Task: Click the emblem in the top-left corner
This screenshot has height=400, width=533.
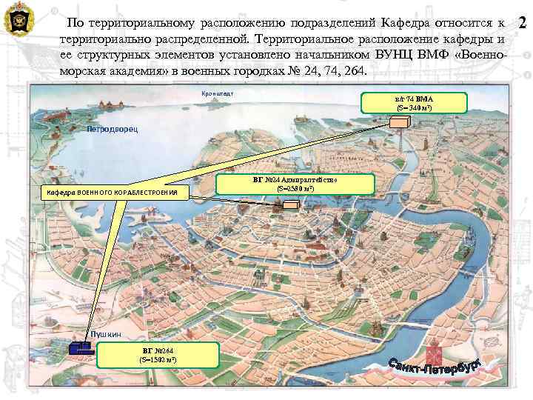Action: [x=18, y=19]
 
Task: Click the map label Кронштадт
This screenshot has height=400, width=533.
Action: [x=218, y=93]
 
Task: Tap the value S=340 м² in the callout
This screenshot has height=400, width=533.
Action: [x=414, y=108]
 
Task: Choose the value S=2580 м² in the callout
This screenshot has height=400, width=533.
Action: [x=295, y=189]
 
